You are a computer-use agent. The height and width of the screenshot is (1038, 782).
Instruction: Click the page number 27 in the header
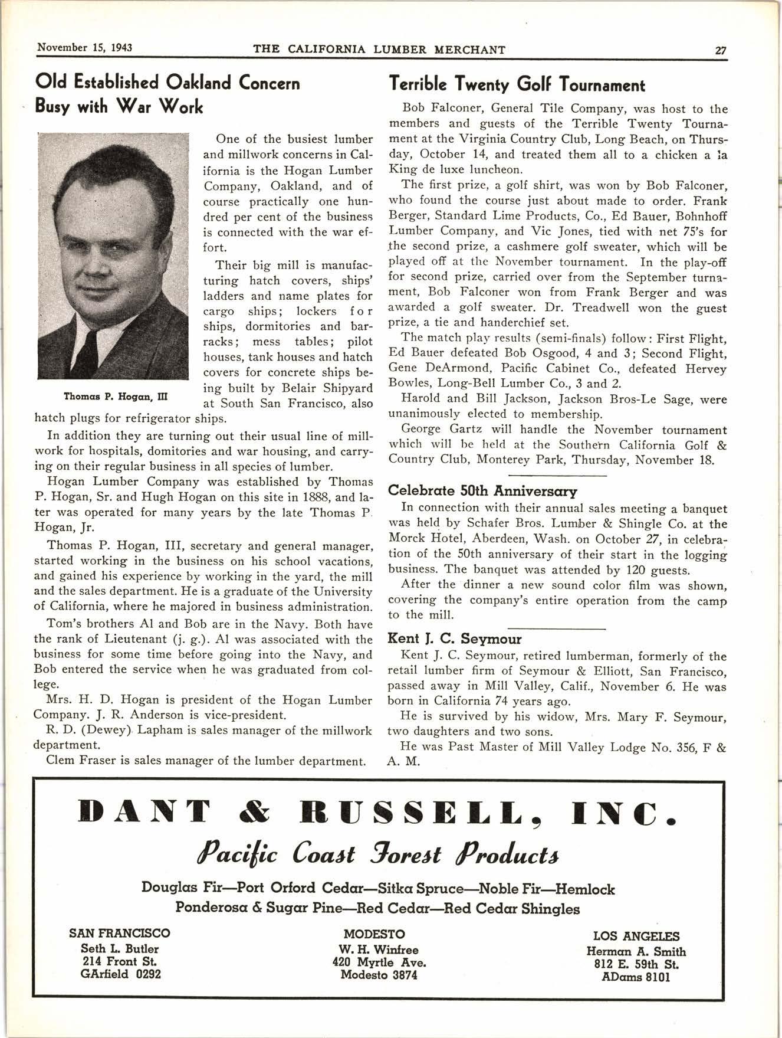(x=720, y=50)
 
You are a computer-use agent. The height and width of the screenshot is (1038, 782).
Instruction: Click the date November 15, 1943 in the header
(x=84, y=47)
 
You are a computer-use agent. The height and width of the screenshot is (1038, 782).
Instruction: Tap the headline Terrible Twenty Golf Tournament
(x=517, y=86)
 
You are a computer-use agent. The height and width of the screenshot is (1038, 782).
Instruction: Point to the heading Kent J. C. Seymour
(x=454, y=638)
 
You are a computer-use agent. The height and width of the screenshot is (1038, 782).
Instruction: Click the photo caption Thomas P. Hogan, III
(x=116, y=397)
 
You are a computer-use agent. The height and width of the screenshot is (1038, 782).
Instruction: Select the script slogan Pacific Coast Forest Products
(x=378, y=854)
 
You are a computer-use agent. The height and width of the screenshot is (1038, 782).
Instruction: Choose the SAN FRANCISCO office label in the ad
(x=119, y=933)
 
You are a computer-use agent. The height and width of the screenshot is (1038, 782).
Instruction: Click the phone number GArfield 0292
(x=120, y=974)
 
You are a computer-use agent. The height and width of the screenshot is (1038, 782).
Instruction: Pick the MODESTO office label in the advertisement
(x=374, y=934)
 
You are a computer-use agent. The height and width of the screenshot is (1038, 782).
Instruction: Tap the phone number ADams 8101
(x=636, y=977)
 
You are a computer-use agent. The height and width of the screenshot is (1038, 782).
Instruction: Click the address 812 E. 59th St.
(x=636, y=965)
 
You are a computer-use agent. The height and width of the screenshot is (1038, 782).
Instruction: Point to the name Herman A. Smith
(x=636, y=951)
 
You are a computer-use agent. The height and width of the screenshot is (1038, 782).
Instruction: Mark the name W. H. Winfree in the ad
(x=378, y=949)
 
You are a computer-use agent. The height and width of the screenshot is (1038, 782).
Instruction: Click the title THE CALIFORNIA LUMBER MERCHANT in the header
(x=379, y=50)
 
